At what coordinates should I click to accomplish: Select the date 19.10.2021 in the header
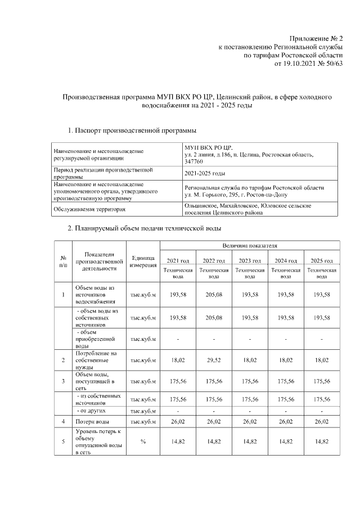click(x=302, y=64)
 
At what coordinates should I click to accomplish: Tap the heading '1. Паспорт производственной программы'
click(x=132, y=131)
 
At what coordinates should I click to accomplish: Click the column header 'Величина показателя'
click(x=250, y=246)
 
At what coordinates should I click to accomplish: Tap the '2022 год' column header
click(x=214, y=260)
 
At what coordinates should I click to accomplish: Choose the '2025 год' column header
click(x=322, y=260)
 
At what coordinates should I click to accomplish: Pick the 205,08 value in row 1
click(x=214, y=294)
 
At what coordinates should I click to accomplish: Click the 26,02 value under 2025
click(x=322, y=421)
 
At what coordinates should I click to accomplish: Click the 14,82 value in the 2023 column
click(x=250, y=442)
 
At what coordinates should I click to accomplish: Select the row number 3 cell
click(x=63, y=381)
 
